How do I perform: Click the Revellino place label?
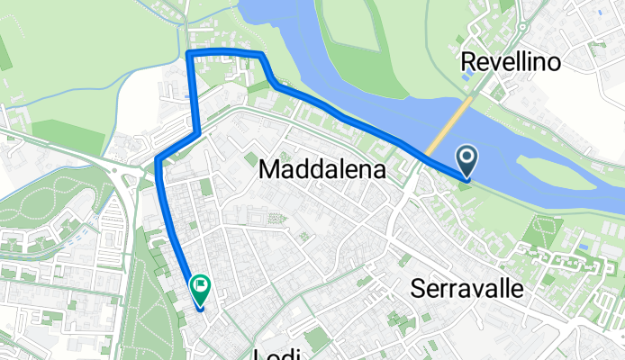pos(510,61)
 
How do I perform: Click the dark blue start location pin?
pos(467,162)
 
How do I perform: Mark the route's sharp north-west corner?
pos(188,54)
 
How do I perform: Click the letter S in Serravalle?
pos(418,288)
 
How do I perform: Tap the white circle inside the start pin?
pos(467,157)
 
